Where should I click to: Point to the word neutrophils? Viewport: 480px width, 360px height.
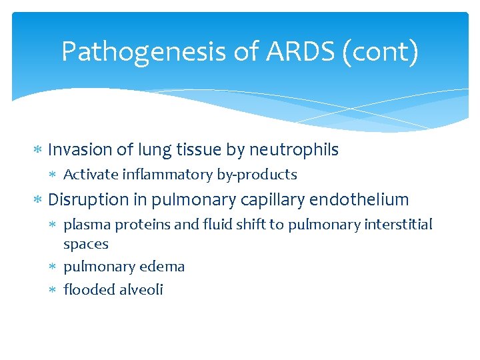point(294,150)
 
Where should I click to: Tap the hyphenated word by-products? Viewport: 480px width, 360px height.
point(257,175)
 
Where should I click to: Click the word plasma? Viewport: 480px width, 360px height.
point(87,225)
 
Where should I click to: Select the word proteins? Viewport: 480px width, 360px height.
point(142,225)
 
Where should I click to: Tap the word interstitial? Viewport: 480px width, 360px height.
point(399,225)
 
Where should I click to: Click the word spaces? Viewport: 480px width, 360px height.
point(85,245)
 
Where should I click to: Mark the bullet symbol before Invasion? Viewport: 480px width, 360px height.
point(39,151)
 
